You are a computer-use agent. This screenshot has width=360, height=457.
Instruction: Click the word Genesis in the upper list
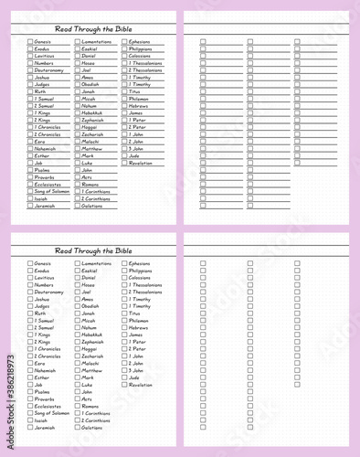pos(43,41)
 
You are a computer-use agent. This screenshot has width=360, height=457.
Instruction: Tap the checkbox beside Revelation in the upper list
pos(124,163)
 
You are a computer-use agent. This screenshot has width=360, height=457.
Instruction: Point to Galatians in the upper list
pos(92,206)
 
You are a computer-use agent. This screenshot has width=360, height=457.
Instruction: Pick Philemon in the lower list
pos(139,320)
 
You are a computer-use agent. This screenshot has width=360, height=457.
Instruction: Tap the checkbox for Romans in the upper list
pos(78,184)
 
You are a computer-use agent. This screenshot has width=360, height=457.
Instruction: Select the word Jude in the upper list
pos(134,155)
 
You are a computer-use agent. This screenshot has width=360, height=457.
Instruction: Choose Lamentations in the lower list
pos(96,263)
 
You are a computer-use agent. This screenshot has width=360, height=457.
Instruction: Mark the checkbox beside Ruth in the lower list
pos(30,314)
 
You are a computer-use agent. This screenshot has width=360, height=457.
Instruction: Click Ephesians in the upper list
pos(140,41)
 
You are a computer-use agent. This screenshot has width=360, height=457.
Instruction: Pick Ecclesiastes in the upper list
pos(48,184)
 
